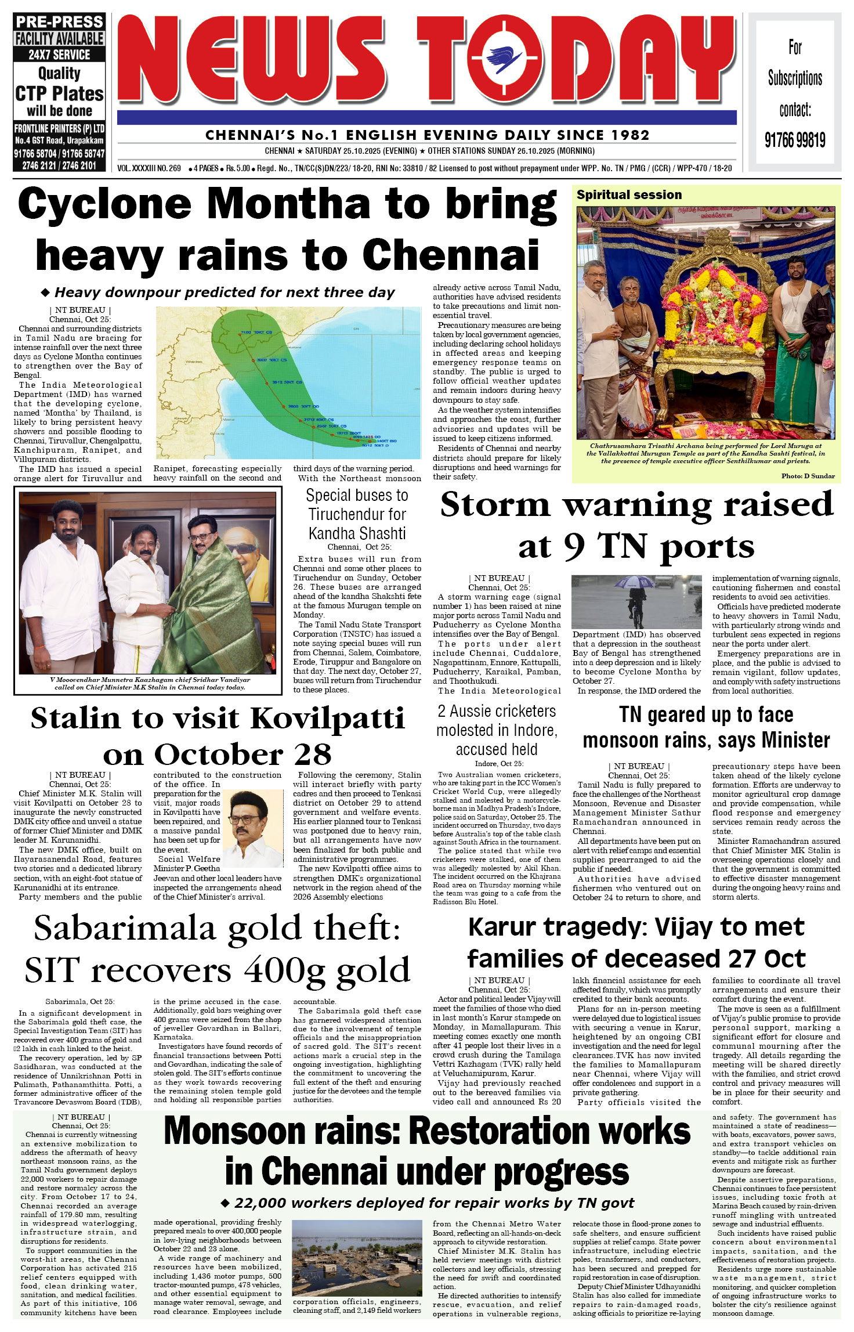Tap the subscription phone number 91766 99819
[x=794, y=140]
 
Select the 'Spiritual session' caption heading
[x=629, y=195]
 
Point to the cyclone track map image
[x=288, y=383]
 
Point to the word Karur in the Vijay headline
[x=502, y=927]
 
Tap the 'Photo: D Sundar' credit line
[x=808, y=476]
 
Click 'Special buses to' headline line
[x=357, y=495]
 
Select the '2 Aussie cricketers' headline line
[x=497, y=711]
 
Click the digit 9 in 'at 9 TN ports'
[x=574, y=547]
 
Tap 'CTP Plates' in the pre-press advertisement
[x=59, y=93]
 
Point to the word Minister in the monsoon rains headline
[x=795, y=741]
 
